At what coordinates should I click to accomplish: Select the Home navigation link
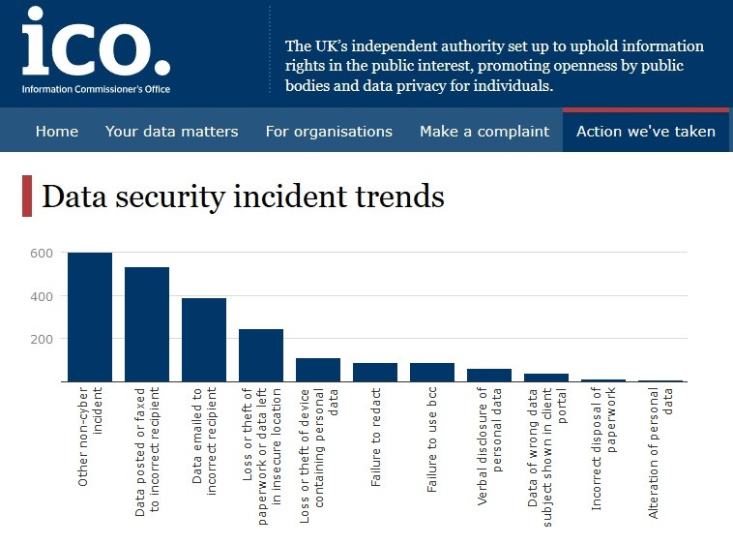click(x=57, y=132)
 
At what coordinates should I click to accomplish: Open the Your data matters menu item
click(x=171, y=132)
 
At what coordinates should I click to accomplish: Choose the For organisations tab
click(x=329, y=132)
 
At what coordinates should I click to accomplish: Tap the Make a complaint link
click(x=484, y=132)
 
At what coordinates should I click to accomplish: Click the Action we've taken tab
click(x=646, y=132)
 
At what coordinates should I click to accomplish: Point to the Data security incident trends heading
click(x=243, y=197)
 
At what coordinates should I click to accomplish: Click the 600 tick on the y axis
click(x=41, y=253)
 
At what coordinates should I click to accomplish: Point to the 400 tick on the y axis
click(x=41, y=296)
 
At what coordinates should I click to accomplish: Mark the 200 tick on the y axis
click(x=41, y=339)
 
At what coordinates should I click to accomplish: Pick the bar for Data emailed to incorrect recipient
click(x=204, y=340)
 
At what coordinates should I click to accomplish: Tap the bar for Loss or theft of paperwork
click(x=261, y=355)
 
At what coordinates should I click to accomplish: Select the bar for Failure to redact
click(x=375, y=372)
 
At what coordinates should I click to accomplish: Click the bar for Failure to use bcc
click(x=432, y=372)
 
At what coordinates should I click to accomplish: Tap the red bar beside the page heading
click(x=27, y=197)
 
